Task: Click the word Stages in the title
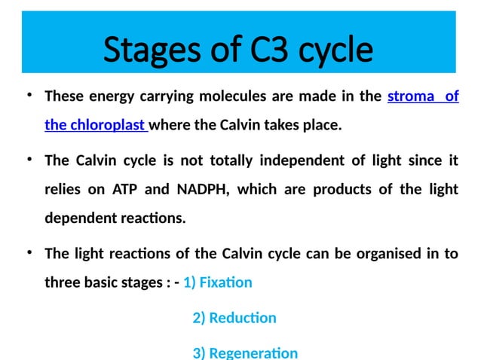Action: click(x=147, y=50)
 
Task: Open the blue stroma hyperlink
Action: click(x=411, y=97)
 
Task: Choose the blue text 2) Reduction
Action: click(x=234, y=318)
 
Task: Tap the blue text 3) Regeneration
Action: click(x=245, y=352)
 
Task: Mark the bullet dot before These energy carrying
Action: click(x=28, y=96)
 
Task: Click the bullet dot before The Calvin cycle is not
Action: click(x=28, y=160)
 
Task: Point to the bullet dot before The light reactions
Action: click(x=28, y=252)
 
